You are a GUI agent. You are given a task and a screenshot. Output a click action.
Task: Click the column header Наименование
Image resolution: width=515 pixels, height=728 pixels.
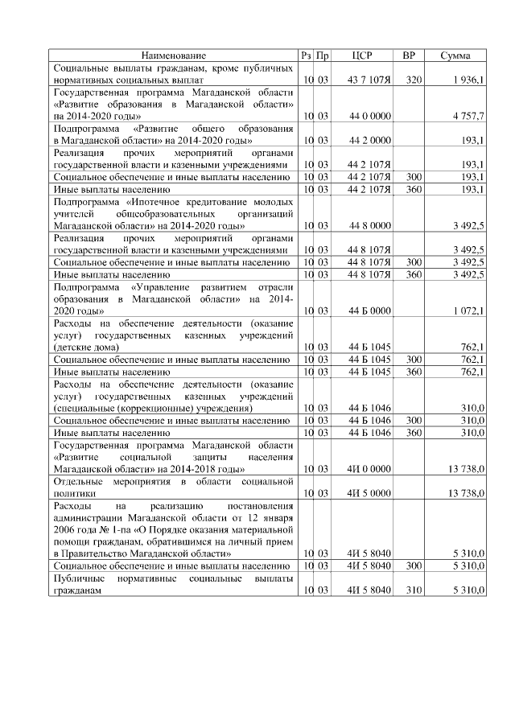click(x=174, y=56)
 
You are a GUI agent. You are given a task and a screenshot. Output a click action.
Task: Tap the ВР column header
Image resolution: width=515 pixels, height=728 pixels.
click(x=409, y=56)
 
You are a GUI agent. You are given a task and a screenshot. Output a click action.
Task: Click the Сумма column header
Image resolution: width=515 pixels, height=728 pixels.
click(x=455, y=56)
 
